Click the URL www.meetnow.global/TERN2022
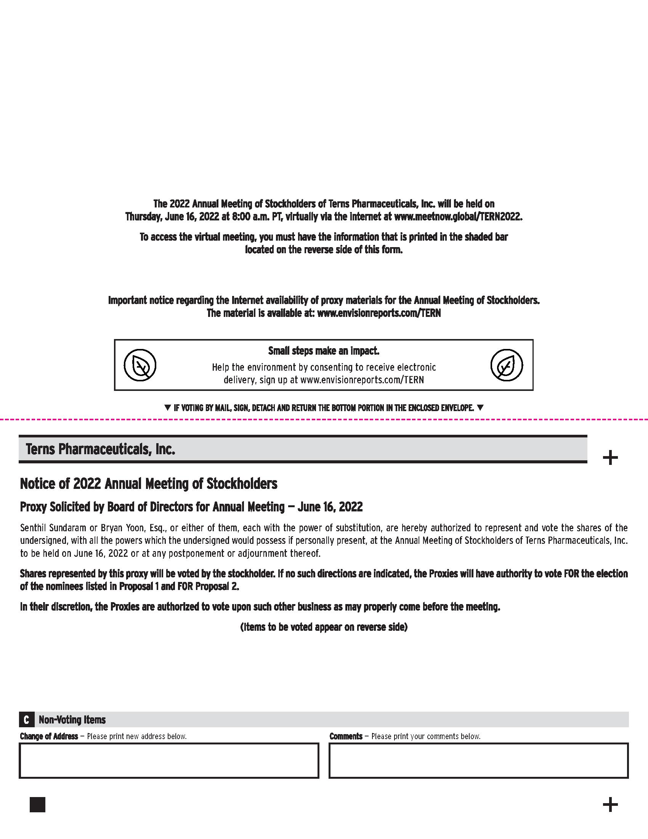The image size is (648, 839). click(x=458, y=217)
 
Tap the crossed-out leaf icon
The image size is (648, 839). click(x=140, y=365)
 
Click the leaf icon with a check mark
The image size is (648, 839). click(x=507, y=365)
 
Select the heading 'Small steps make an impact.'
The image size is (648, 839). click(x=324, y=351)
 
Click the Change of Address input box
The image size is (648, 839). click(x=169, y=761)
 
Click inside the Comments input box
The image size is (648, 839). click(x=478, y=761)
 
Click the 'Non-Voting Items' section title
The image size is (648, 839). click(x=72, y=720)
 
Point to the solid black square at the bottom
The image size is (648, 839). click(x=37, y=804)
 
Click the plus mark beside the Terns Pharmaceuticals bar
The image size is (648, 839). click(x=610, y=458)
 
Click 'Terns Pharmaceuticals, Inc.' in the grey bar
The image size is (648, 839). click(x=101, y=449)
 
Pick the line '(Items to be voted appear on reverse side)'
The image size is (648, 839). click(x=324, y=627)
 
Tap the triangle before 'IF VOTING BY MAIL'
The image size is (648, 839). click(x=167, y=408)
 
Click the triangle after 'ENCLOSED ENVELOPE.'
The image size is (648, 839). click(x=480, y=408)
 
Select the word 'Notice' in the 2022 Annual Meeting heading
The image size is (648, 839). click(x=37, y=484)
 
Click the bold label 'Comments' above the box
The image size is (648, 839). click(x=346, y=736)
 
